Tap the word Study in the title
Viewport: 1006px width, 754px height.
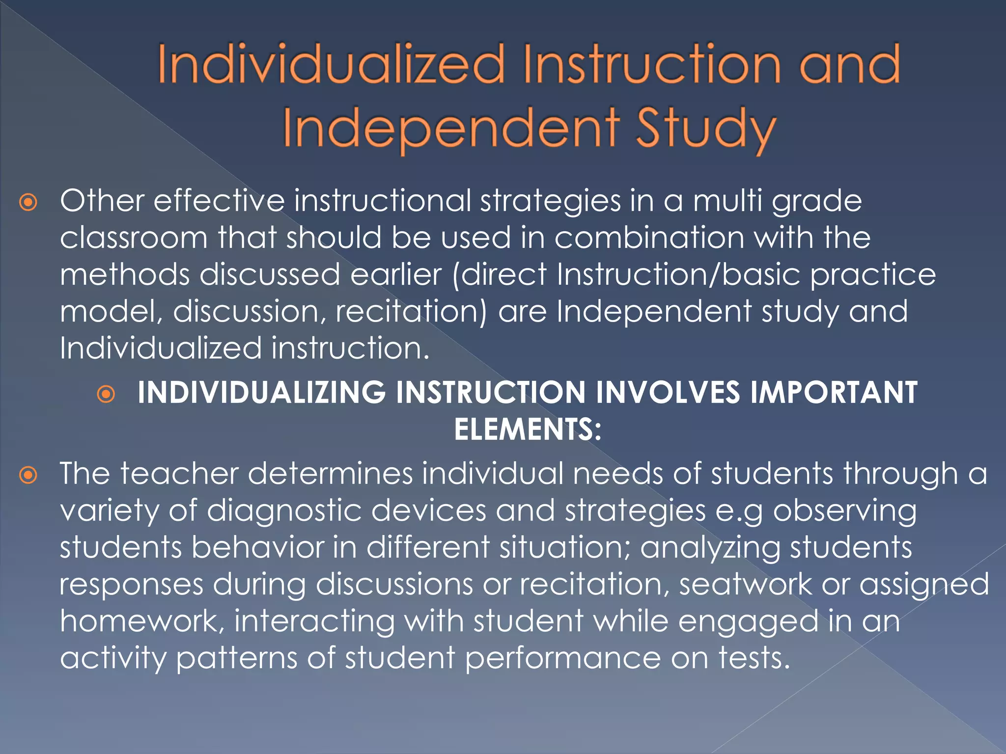706,128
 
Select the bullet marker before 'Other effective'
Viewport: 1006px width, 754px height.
28,202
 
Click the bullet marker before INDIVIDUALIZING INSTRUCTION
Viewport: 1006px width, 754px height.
106,394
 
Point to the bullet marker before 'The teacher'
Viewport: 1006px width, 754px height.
28,475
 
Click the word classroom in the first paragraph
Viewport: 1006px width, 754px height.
134,238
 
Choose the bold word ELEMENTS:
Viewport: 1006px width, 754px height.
528,430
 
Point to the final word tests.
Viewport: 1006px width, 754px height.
754,658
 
